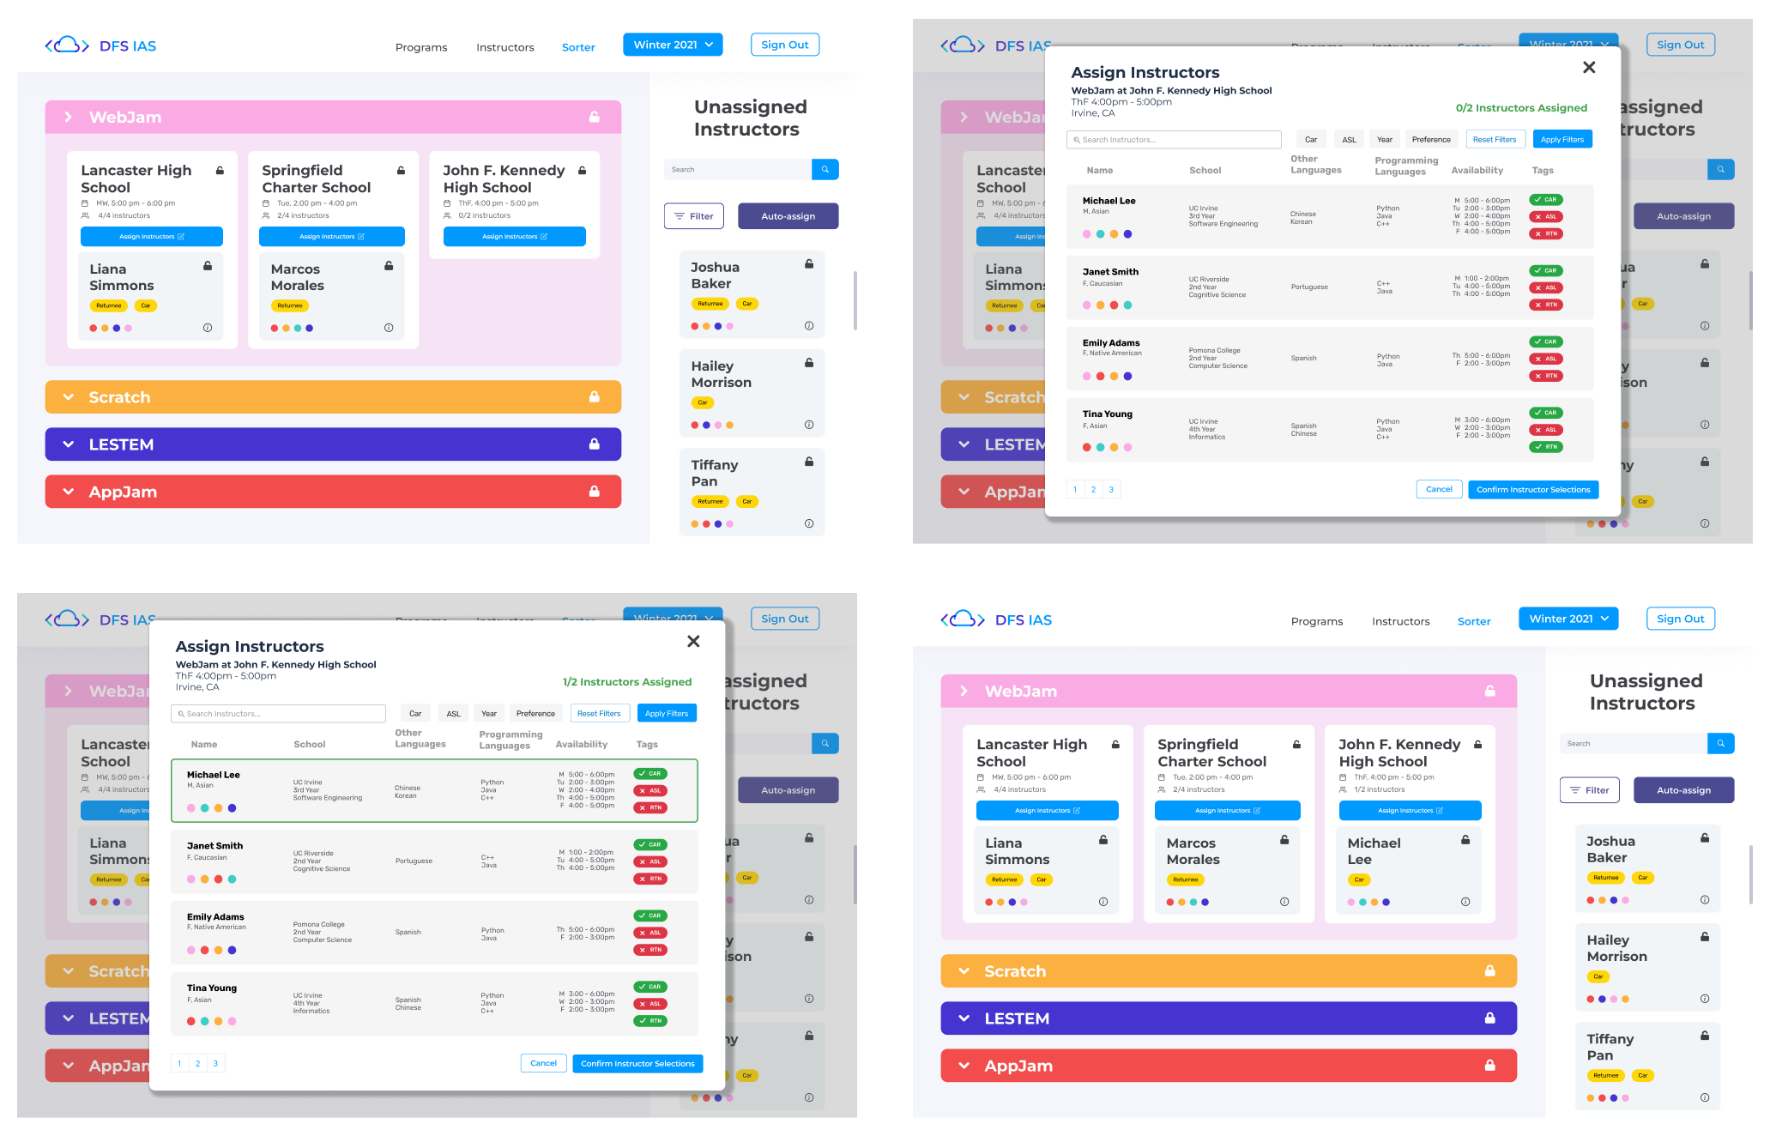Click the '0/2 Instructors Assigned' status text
tap(1520, 108)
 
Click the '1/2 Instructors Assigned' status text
tap(626, 682)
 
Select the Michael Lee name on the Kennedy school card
tap(1373, 851)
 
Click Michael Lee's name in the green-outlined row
tap(213, 775)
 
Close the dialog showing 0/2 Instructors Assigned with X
tap(1588, 67)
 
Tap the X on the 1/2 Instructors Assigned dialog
tap(693, 641)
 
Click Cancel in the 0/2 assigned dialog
tap(1438, 489)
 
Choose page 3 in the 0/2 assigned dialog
tap(1111, 489)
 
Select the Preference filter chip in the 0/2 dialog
tap(1430, 139)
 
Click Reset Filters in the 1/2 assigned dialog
tap(598, 713)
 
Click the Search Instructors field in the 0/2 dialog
tap(1173, 139)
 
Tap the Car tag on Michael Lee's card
tap(1358, 879)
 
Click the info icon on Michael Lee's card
tap(1465, 902)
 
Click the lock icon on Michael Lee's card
tap(1465, 840)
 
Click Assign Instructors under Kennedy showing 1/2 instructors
tap(1409, 810)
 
